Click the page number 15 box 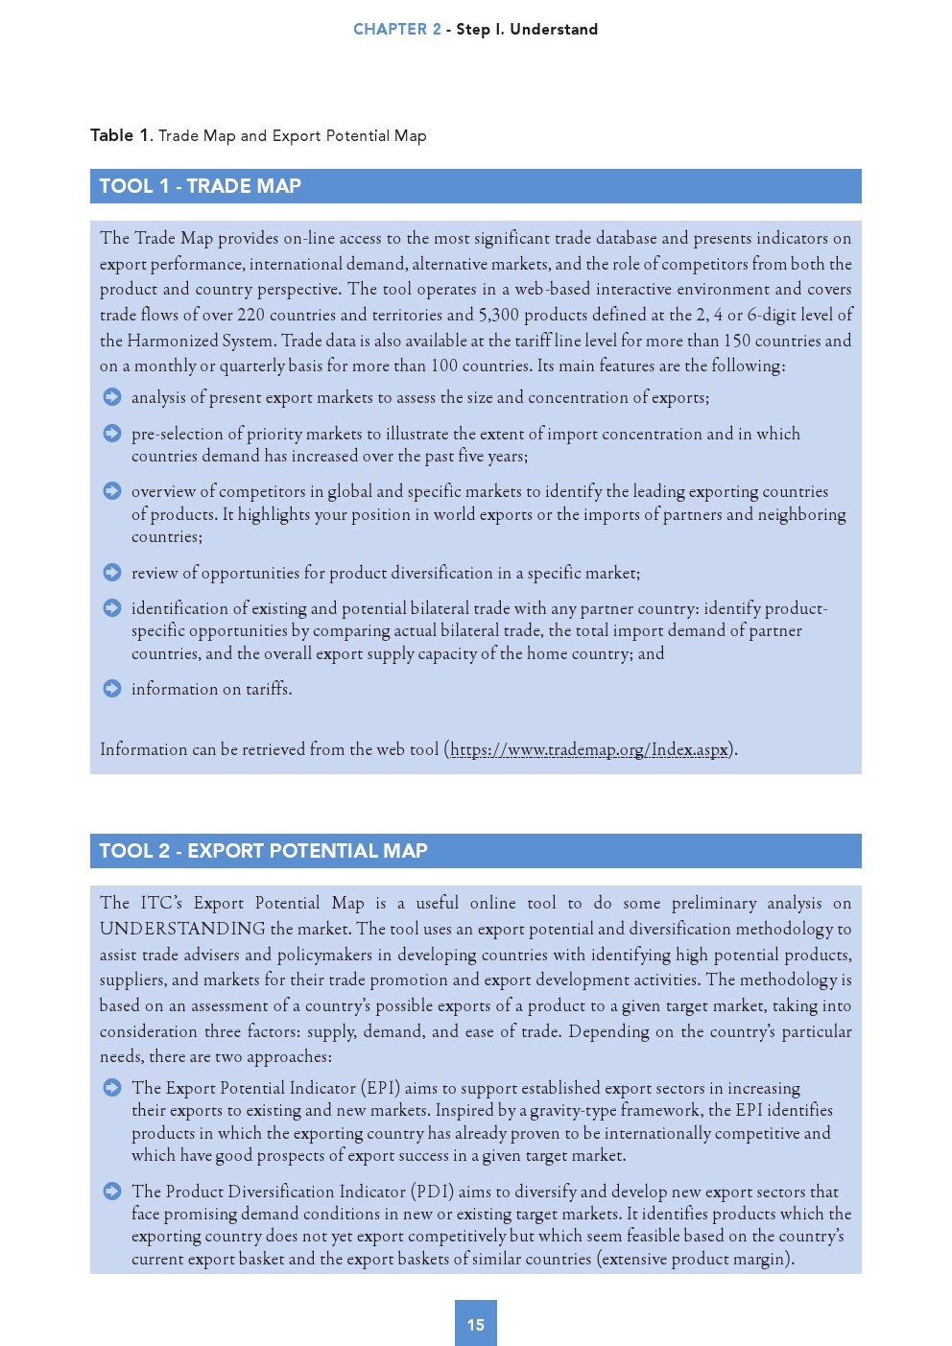point(475,1323)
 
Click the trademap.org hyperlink point(589,749)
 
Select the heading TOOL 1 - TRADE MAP point(201,186)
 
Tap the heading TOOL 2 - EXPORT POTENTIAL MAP point(263,851)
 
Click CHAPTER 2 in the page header point(396,29)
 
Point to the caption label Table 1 point(120,135)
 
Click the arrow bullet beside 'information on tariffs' point(112,688)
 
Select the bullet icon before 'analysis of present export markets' point(112,397)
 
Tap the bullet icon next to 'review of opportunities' point(112,573)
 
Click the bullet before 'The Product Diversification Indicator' point(112,1191)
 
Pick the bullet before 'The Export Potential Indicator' point(112,1087)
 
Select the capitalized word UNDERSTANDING point(182,929)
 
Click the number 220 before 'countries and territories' point(250,315)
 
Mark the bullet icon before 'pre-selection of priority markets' point(112,434)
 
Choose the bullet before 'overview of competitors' point(112,491)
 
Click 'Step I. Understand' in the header point(527,29)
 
